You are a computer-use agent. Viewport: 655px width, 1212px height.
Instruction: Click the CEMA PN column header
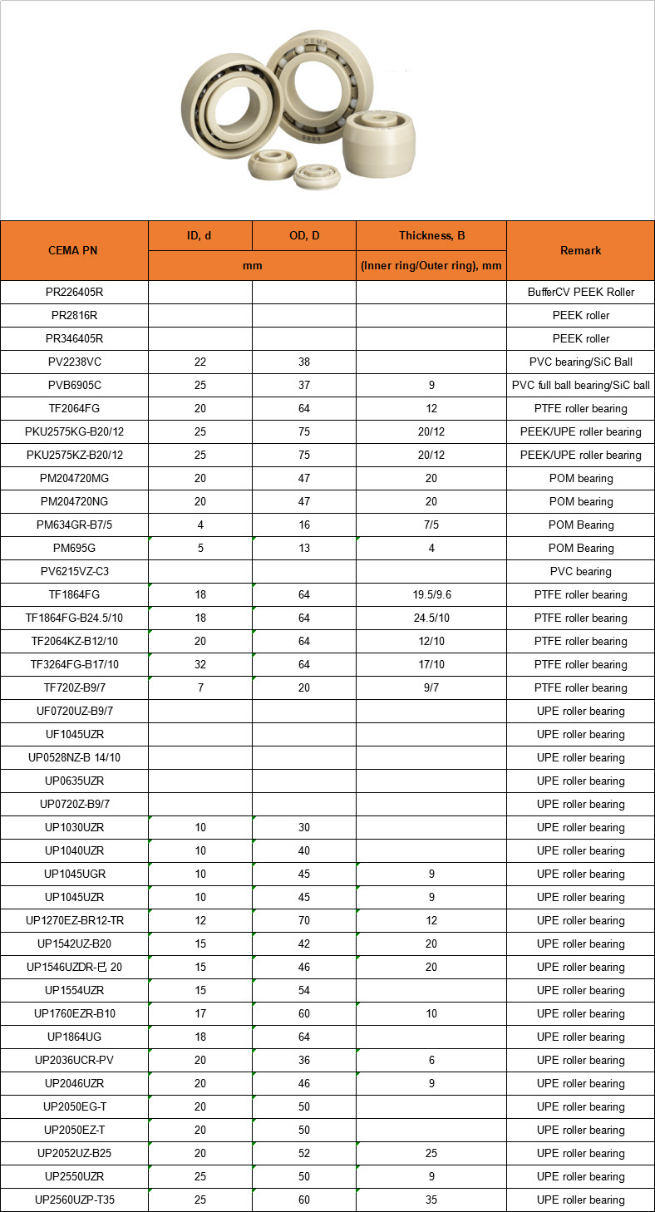pyautogui.click(x=73, y=250)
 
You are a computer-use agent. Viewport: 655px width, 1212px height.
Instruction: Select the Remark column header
pyautogui.click(x=580, y=250)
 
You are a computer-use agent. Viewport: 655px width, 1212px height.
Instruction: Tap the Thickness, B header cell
pyautogui.click(x=431, y=235)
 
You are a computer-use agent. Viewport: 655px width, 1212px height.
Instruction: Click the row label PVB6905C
pyautogui.click(x=74, y=385)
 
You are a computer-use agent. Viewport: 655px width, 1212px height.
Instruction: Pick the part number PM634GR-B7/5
pyautogui.click(x=74, y=525)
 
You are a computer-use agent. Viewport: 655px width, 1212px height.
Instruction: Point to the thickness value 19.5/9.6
pyautogui.click(x=431, y=594)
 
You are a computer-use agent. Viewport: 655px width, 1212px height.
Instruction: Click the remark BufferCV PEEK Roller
pyautogui.click(x=580, y=292)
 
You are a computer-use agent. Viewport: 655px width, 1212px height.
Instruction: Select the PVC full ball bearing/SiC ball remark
pyautogui.click(x=580, y=385)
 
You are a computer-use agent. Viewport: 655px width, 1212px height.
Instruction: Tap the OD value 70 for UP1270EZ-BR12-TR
pyautogui.click(x=304, y=920)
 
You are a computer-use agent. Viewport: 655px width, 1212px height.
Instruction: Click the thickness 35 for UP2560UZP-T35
pyautogui.click(x=431, y=1200)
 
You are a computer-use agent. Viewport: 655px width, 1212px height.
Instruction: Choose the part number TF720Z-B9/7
pyautogui.click(x=74, y=687)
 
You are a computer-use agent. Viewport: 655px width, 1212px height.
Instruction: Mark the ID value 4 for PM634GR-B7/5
pyautogui.click(x=200, y=525)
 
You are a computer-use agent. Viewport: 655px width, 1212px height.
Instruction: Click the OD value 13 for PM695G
pyautogui.click(x=304, y=548)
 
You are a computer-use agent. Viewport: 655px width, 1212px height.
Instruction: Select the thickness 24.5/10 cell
pyautogui.click(x=431, y=618)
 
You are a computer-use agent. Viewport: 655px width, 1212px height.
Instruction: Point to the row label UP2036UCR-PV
pyautogui.click(x=74, y=1060)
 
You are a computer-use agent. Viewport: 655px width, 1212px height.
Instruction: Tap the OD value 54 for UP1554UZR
pyautogui.click(x=304, y=990)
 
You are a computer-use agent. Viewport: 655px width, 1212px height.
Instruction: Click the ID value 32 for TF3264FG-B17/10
pyautogui.click(x=200, y=664)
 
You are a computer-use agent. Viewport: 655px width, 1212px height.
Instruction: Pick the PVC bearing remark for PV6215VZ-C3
pyautogui.click(x=580, y=571)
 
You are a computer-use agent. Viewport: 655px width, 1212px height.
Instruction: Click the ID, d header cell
pyautogui.click(x=199, y=235)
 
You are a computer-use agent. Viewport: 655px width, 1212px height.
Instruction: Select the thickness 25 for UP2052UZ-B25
pyautogui.click(x=431, y=1153)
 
